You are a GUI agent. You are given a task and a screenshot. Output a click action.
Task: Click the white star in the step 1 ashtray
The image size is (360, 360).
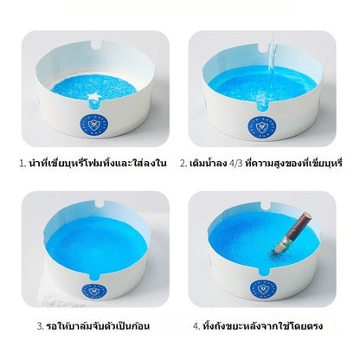[x=94, y=96]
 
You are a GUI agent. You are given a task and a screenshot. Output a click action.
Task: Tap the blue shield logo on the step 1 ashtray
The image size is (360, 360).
[x=93, y=125]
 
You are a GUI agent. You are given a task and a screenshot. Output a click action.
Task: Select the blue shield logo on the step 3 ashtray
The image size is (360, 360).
[x=94, y=291]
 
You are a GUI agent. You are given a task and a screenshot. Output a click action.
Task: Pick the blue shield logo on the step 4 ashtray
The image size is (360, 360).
[x=263, y=287]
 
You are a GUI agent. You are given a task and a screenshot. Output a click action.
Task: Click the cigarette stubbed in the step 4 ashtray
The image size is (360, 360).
[x=292, y=233]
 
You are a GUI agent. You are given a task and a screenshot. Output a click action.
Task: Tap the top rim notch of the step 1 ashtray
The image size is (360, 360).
[x=97, y=45]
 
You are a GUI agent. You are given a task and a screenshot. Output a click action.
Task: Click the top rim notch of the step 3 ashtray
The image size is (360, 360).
[x=99, y=204]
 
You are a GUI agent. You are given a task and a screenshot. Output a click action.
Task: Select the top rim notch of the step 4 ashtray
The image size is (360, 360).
[x=266, y=206]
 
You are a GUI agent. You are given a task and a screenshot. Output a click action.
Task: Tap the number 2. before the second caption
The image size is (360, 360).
[x=183, y=164]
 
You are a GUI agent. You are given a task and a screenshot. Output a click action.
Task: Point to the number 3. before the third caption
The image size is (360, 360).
[x=41, y=326]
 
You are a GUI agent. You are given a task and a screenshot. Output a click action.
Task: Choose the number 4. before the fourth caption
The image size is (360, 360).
[x=196, y=326]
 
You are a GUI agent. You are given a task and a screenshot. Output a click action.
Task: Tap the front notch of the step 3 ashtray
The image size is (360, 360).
[x=94, y=277]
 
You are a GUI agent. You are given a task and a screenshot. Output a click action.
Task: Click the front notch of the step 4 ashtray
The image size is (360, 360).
[x=263, y=272]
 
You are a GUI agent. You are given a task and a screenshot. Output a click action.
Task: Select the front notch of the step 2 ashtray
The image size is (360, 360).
[x=262, y=106]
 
